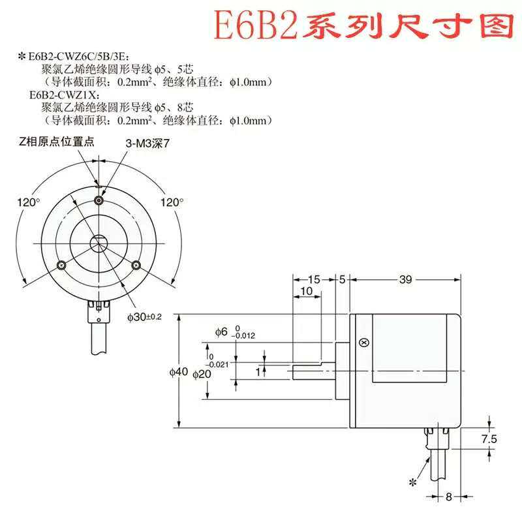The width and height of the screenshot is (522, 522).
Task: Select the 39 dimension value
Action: (x=405, y=280)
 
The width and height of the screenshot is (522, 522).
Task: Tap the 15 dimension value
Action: (x=314, y=280)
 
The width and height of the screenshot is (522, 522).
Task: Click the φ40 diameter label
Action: (x=178, y=372)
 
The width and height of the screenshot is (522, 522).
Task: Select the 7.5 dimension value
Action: (x=488, y=439)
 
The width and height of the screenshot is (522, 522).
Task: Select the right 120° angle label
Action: (x=172, y=202)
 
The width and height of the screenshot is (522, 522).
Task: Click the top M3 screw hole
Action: (x=99, y=199)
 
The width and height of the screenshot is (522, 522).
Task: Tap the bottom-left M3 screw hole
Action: (x=61, y=264)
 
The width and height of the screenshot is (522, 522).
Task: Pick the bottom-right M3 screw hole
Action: (x=136, y=264)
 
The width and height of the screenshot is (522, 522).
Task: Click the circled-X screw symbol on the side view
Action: (x=365, y=343)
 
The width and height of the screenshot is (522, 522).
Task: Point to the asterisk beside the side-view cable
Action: (x=412, y=482)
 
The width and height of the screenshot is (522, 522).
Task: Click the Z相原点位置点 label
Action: (x=57, y=142)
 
